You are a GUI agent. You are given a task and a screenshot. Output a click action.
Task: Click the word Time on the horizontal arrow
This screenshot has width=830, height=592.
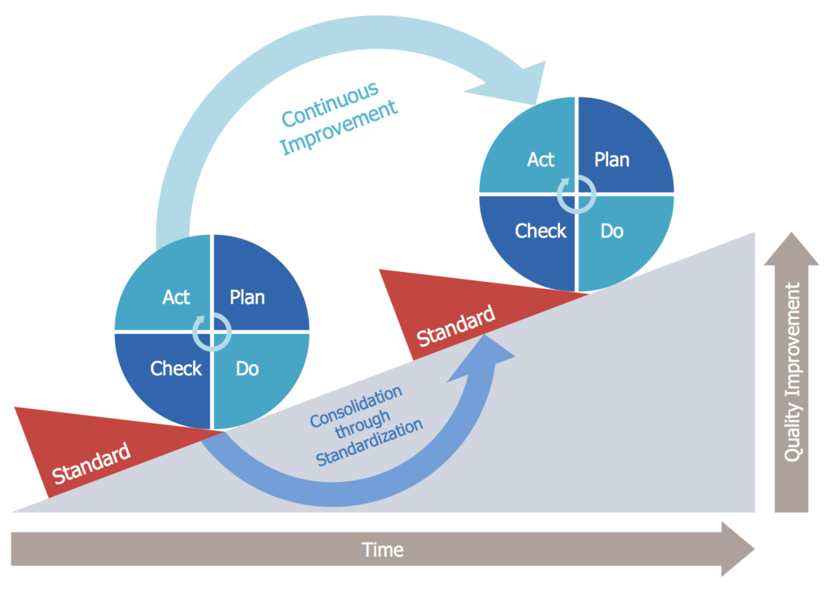[x=383, y=550]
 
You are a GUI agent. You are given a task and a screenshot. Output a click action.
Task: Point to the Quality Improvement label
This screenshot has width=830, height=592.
[x=793, y=372]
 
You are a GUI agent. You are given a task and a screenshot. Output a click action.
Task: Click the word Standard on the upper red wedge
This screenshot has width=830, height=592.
[x=455, y=324]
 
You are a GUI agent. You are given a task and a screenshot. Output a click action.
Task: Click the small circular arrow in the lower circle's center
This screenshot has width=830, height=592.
[x=212, y=331]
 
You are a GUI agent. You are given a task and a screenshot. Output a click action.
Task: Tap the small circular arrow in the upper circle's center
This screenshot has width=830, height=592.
[x=576, y=194]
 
